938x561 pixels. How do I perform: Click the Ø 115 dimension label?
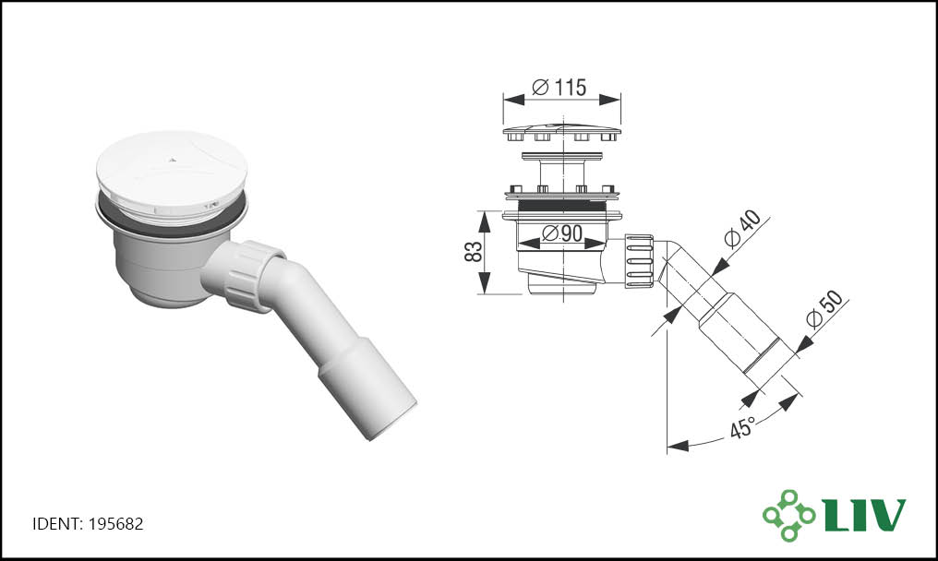coord(559,88)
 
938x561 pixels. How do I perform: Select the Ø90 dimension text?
coord(561,233)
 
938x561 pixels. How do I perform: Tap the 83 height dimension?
coord(473,252)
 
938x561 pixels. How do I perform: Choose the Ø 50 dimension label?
coord(824,308)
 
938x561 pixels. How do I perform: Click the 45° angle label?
coord(742,427)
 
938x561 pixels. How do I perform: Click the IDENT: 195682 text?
coord(88,524)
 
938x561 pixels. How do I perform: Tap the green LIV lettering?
coord(864,514)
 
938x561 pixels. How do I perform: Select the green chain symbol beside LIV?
coord(788,515)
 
